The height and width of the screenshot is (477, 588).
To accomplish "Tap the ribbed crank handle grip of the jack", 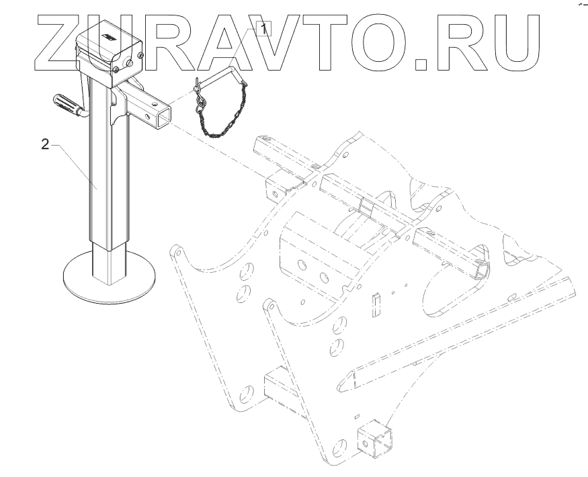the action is click(65, 106).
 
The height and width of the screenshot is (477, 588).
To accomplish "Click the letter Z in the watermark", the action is click(60, 44).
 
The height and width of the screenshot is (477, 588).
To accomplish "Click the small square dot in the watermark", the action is click(422, 63).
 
